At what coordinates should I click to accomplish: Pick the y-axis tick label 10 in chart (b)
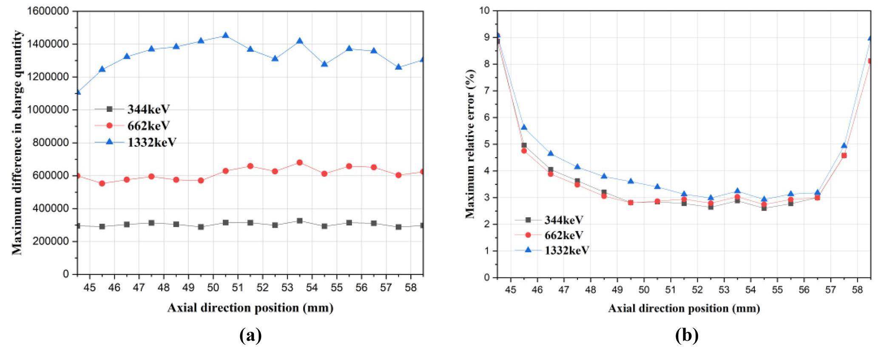click(x=484, y=10)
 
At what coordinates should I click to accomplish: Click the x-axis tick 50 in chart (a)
click(x=213, y=288)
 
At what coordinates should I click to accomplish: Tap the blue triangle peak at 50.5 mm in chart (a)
click(x=226, y=35)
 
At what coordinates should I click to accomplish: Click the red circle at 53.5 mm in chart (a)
click(x=299, y=162)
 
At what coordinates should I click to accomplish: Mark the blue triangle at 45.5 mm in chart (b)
click(x=524, y=127)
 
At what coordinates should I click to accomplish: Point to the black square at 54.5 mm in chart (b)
click(x=764, y=208)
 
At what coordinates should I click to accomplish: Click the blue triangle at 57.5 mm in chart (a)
click(x=398, y=67)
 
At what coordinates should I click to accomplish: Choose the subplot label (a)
click(x=250, y=336)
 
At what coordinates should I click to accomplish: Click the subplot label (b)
click(x=686, y=336)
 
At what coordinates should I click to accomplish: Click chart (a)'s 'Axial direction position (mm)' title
click(x=250, y=308)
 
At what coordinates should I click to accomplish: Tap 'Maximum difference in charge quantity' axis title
click(x=17, y=143)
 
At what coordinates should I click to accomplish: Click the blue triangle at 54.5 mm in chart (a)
click(x=324, y=64)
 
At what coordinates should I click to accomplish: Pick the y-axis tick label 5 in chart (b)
click(x=487, y=144)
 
